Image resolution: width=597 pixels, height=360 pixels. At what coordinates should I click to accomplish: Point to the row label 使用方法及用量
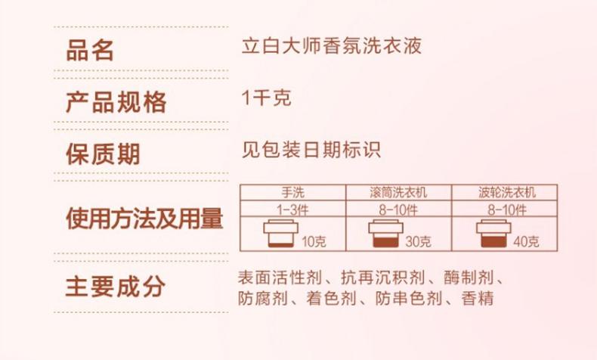click(144, 219)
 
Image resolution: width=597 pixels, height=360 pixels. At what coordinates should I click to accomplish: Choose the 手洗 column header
click(292, 192)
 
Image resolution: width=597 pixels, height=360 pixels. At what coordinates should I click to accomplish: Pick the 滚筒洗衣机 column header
click(397, 192)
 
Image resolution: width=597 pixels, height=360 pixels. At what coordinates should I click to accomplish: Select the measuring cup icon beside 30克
click(383, 234)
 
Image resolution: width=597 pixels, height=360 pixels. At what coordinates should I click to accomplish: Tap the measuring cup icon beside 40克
click(492, 234)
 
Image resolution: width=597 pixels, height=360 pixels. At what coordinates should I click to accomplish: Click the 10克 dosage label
click(313, 242)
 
